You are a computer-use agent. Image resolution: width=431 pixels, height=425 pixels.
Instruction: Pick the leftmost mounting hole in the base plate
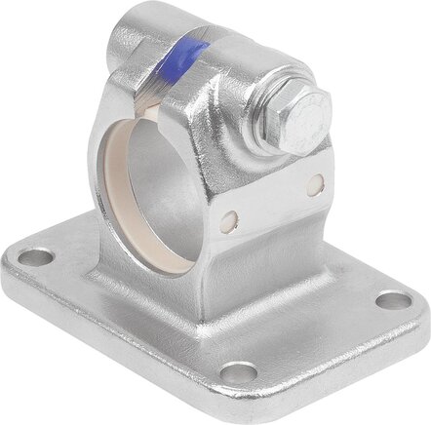(x=38, y=258)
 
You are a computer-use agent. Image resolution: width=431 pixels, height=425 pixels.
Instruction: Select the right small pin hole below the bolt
(x=314, y=182)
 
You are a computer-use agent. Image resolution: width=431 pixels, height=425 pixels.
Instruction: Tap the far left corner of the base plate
(x=15, y=256)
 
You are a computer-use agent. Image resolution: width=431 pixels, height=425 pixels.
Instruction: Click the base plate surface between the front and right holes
(x=322, y=341)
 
